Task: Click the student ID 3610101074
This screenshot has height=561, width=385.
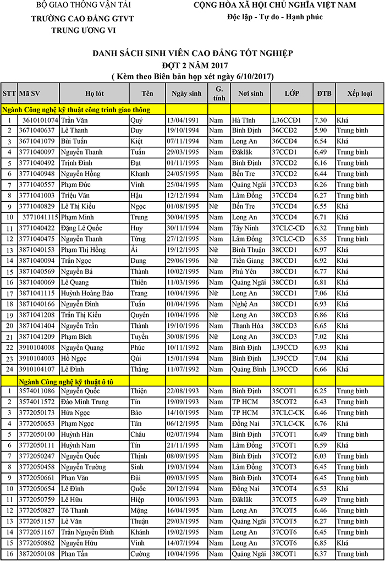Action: coord(40,119)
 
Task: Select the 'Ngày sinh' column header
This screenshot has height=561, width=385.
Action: coord(186,94)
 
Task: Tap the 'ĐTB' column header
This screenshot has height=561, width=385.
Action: coord(324,94)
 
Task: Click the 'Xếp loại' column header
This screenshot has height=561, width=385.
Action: coord(359,94)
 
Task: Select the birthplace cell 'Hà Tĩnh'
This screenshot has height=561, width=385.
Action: coord(243,119)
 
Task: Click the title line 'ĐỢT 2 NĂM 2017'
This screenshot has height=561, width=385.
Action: coord(193,65)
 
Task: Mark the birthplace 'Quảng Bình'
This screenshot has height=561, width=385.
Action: coord(248,369)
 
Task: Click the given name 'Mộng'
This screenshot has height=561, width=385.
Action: coord(140,510)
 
